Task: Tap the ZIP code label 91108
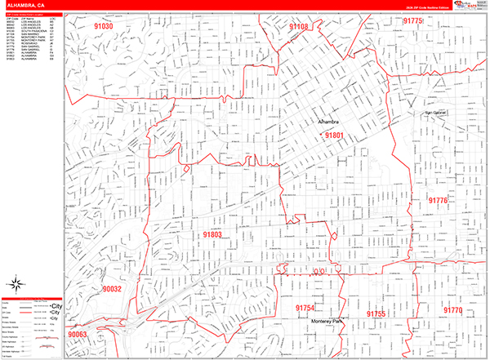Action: (x=299, y=27)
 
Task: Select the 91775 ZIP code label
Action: (x=414, y=21)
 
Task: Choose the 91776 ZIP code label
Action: (x=438, y=200)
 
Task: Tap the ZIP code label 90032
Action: (x=112, y=289)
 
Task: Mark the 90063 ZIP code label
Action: (x=77, y=335)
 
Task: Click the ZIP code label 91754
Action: (x=305, y=308)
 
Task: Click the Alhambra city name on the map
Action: (x=333, y=122)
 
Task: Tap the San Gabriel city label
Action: (x=435, y=113)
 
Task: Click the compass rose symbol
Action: (x=16, y=285)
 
